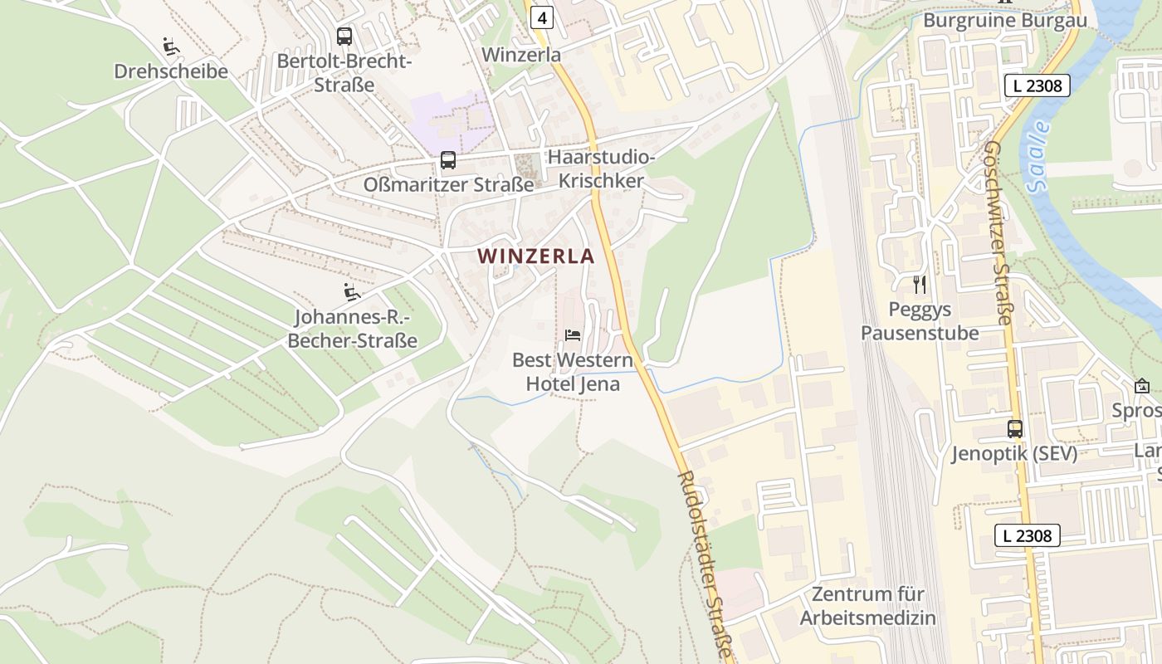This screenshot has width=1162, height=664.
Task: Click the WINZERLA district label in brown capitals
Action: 536,256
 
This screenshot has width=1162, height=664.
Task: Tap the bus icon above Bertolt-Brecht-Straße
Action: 344,37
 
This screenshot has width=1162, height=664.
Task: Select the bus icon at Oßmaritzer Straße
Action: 448,160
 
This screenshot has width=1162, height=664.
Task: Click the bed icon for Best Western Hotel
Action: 573,335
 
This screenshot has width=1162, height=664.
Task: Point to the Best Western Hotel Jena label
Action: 573,373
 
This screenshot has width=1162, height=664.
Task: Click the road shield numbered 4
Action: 542,17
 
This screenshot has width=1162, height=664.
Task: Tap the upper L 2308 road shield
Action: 1037,85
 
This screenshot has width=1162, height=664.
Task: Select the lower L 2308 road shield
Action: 1028,535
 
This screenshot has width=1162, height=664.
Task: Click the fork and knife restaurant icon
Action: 920,285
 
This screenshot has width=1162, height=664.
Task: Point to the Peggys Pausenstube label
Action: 920,321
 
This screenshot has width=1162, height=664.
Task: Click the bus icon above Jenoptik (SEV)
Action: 1015,429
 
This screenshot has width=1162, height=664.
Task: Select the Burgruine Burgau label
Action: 1004,21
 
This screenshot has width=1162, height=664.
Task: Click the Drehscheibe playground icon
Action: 172,46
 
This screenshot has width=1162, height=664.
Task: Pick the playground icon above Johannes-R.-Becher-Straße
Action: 352,292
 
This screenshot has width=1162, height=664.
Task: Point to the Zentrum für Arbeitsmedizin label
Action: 868,606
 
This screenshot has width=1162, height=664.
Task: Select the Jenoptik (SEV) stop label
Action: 1014,454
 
